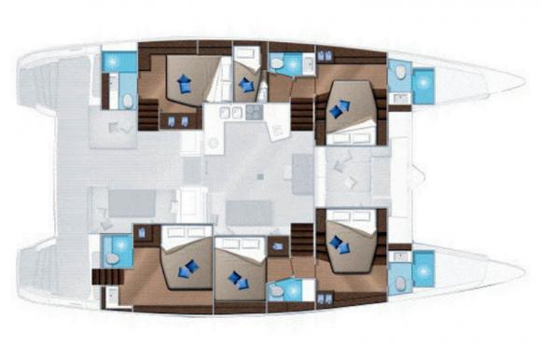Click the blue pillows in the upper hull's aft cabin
click(x=185, y=83)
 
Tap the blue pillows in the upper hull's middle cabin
click(x=246, y=85)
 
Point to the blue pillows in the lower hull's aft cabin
click(x=189, y=269)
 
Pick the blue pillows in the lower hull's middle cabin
click(x=239, y=278)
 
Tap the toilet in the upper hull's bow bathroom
click(x=400, y=72)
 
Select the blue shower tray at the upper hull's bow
click(x=424, y=87)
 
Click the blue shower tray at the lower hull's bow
click(x=424, y=268)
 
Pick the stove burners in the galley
click(x=227, y=113)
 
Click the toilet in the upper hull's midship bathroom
click(x=279, y=62)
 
